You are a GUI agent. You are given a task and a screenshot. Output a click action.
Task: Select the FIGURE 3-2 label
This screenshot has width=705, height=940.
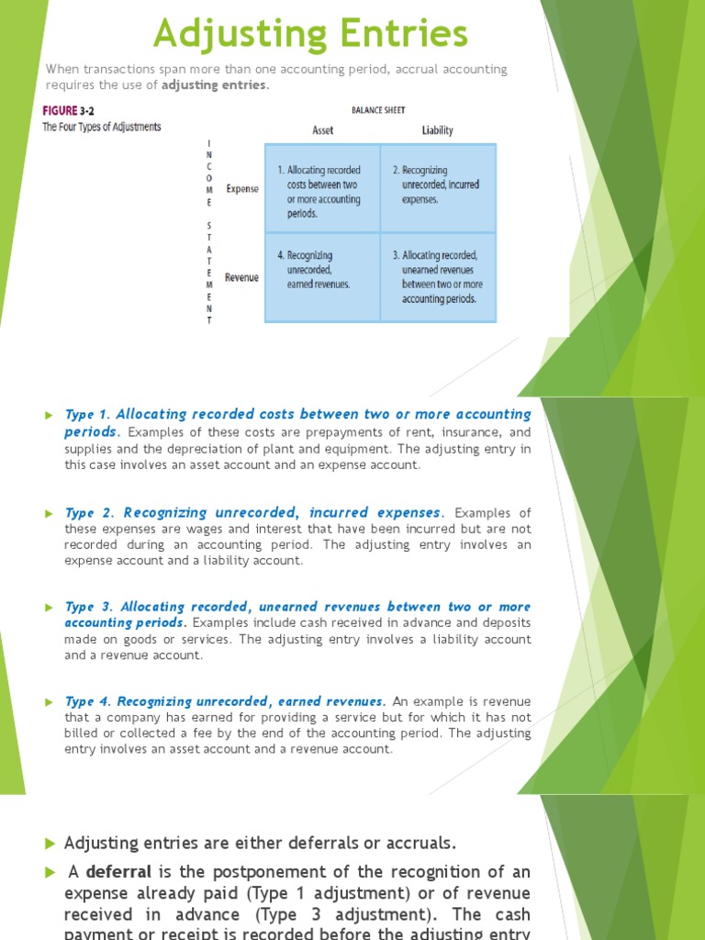pyautogui.click(x=72, y=110)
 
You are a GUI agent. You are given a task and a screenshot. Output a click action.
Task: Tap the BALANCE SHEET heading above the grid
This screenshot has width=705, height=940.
pyautogui.click(x=380, y=108)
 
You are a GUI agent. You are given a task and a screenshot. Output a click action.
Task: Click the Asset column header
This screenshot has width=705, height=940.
pyautogui.click(x=322, y=130)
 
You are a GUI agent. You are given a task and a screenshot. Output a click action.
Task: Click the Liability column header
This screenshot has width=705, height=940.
pyautogui.click(x=437, y=130)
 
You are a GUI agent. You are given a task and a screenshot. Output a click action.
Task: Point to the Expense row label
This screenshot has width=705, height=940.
pyautogui.click(x=241, y=189)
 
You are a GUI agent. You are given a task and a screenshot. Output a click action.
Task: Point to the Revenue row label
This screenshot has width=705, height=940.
pyautogui.click(x=241, y=277)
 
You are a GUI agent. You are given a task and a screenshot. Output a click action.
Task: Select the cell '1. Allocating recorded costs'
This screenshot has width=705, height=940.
pyautogui.click(x=322, y=191)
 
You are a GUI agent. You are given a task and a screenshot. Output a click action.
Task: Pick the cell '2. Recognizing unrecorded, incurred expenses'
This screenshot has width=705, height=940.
pyautogui.click(x=438, y=185)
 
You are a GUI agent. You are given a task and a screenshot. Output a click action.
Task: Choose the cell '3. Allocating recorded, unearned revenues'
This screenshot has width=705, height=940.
pyautogui.click(x=438, y=277)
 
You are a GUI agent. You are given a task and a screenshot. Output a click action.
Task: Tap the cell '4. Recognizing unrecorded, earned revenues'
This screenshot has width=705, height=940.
pyautogui.click(x=322, y=270)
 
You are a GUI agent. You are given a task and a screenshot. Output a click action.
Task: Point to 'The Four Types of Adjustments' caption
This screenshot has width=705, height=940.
pyautogui.click(x=102, y=127)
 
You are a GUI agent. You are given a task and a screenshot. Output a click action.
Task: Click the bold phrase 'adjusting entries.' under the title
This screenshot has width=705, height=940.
pyautogui.click(x=216, y=85)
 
